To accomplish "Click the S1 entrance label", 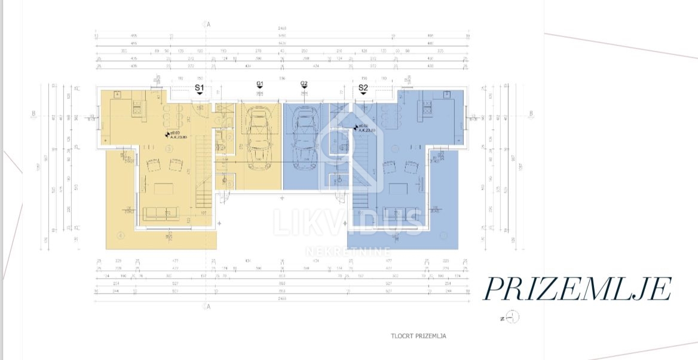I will tap(200, 88).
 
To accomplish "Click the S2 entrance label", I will tap(363, 88).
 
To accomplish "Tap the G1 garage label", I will tap(260, 84).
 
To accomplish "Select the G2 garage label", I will tap(304, 84).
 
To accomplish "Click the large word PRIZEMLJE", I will tap(577, 289).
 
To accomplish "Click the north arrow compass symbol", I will tap(513, 317).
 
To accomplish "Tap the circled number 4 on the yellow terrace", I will tap(121, 236).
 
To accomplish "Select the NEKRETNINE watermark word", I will tap(348, 251).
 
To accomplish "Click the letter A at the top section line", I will tap(209, 25).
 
